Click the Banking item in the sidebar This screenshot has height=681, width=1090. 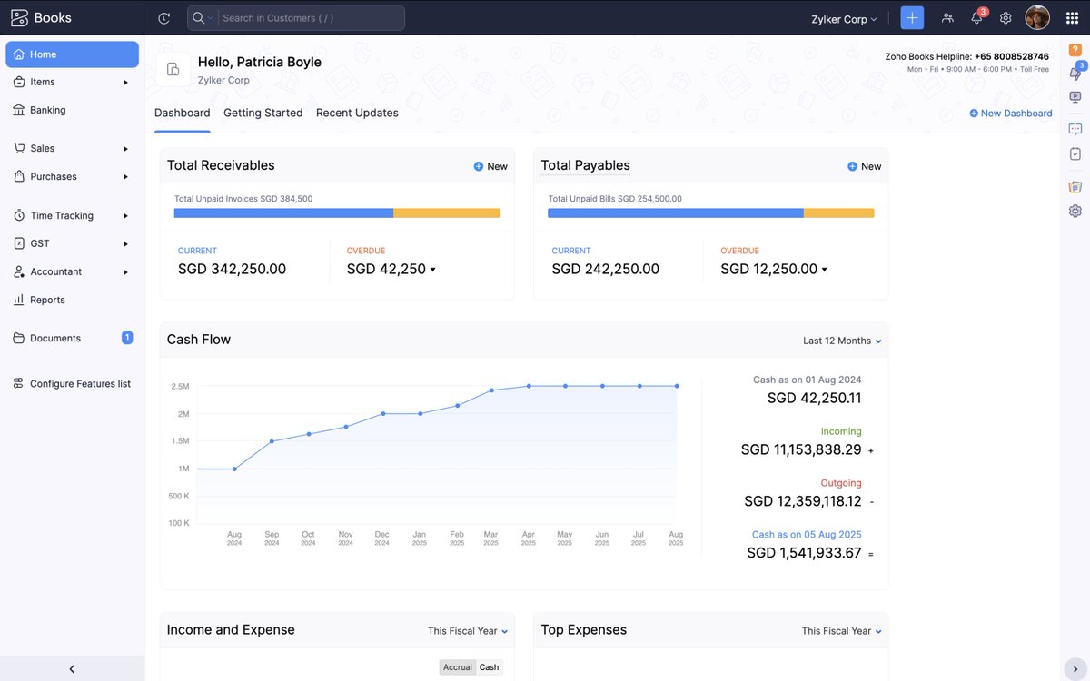tap(47, 110)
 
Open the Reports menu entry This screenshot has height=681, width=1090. tap(47, 300)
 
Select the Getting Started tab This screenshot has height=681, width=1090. tap(263, 113)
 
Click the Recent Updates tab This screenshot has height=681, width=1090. tap(357, 113)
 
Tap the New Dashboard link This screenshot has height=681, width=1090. tap(1010, 113)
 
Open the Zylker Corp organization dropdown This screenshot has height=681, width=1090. tap(844, 19)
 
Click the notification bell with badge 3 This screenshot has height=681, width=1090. tap(976, 18)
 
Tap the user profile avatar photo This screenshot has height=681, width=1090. tap(1037, 17)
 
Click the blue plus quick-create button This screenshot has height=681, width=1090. tap(912, 18)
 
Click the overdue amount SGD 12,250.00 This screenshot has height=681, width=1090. tap(769, 269)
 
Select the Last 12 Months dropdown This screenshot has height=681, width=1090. tap(841, 340)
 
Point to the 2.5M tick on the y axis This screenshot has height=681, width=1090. tap(180, 387)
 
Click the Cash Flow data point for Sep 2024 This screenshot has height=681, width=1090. tap(272, 441)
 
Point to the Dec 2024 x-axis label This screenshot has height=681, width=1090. tap(382, 538)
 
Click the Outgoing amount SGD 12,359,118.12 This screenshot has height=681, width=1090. tap(802, 501)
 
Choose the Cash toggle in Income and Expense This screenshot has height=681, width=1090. tap(489, 667)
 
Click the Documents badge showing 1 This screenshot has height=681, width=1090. tap(127, 338)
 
